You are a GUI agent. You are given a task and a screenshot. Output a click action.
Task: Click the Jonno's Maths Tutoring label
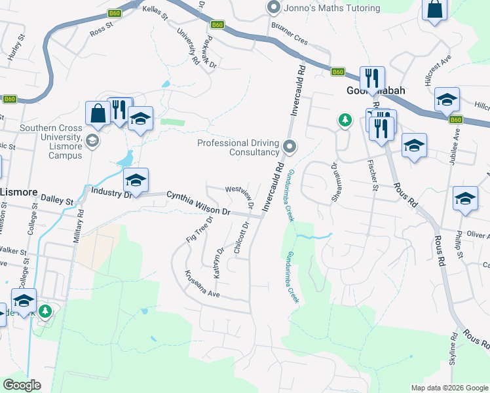pyautogui.click(x=332, y=8)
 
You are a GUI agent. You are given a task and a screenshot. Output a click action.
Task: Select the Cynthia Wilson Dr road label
pyautogui.click(x=198, y=203)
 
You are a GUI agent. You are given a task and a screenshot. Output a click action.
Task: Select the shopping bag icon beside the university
pyautogui.click(x=98, y=113)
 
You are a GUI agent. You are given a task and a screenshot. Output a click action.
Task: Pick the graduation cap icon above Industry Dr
pyautogui.click(x=136, y=179)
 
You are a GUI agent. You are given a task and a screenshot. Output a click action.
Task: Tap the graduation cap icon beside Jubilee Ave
pyautogui.click(x=447, y=99)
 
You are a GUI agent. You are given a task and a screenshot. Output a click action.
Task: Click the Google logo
pyautogui.click(x=22, y=385)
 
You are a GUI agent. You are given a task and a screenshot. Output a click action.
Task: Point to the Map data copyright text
pyautogui.click(x=449, y=388)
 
